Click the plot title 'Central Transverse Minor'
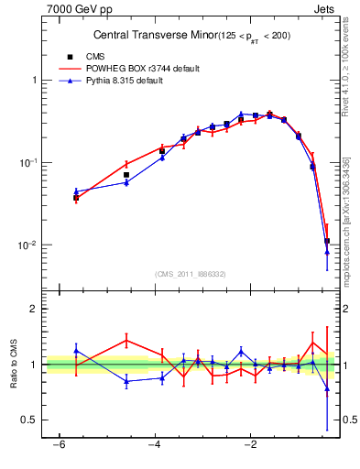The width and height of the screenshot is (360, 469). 150,35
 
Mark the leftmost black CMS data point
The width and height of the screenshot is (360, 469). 76,197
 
